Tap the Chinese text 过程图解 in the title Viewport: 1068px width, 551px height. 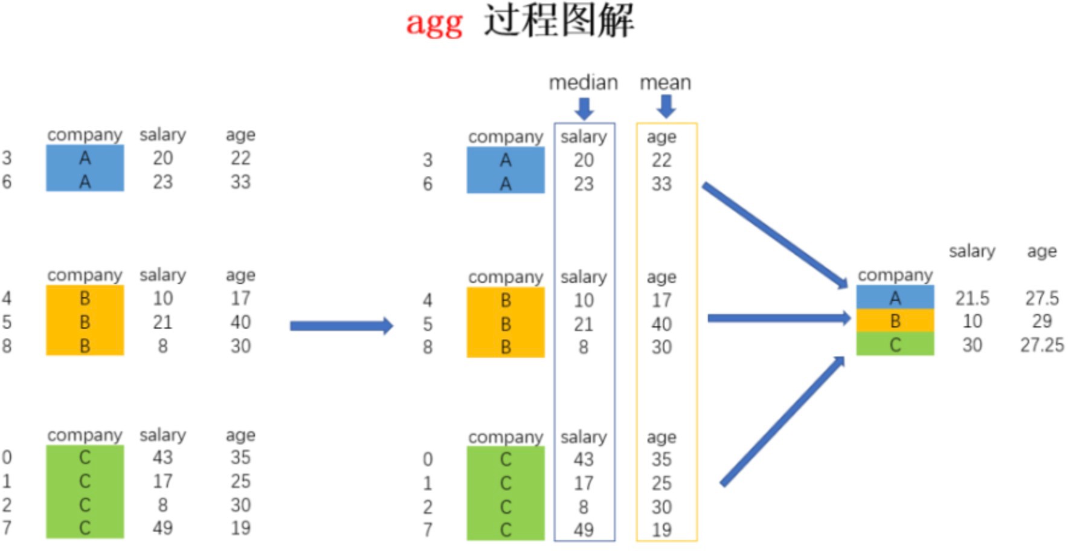tap(559, 21)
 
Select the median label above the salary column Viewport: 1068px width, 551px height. tap(583, 82)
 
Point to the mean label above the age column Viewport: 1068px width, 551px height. tap(665, 82)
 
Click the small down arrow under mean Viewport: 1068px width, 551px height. tap(666, 107)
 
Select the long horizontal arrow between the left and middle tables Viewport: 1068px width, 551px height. tap(341, 326)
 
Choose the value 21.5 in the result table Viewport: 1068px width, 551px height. tap(972, 298)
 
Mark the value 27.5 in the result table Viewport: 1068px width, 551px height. tap(1041, 298)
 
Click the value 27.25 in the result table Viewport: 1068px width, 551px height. tap(1041, 345)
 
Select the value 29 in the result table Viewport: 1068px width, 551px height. tap(1041, 321)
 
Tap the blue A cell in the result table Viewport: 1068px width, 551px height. tap(895, 297)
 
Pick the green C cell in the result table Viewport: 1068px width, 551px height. tap(895, 344)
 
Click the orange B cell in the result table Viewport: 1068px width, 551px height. tap(895, 321)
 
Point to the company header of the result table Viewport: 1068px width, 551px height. tap(895, 275)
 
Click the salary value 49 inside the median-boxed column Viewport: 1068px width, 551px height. tap(583, 530)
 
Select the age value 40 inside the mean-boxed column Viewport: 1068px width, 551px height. tap(661, 324)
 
